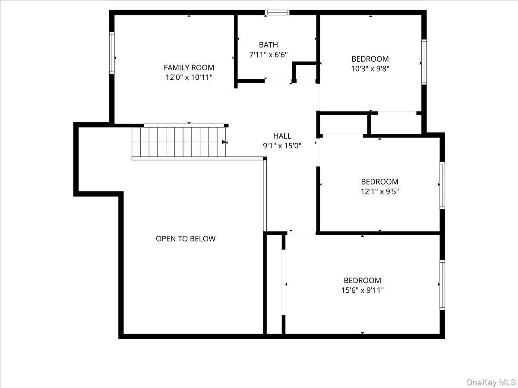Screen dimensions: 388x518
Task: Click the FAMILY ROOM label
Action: (189, 68)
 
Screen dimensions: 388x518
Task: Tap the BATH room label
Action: (268, 45)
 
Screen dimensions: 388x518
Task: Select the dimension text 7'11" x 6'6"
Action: (268, 55)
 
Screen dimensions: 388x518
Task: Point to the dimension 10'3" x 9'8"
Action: (370, 69)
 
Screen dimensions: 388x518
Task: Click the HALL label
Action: (282, 136)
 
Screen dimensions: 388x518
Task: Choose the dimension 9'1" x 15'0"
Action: (282, 146)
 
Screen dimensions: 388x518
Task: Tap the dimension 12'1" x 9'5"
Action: (379, 191)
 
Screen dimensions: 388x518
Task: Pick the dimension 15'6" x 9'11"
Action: (362, 290)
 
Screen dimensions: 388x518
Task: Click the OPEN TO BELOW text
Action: (186, 239)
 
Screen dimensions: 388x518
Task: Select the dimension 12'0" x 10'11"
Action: (189, 78)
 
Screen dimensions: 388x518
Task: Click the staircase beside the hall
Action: (179, 142)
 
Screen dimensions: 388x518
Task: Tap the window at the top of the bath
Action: (277, 13)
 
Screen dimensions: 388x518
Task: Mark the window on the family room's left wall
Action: (112, 53)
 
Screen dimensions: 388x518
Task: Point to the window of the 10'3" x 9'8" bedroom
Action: (424, 62)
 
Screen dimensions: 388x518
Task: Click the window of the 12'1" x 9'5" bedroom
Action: (442, 185)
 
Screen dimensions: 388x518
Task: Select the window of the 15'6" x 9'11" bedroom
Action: (442, 285)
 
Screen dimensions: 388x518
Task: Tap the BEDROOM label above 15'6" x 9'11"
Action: (362, 281)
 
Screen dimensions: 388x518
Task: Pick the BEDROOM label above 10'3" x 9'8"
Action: (370, 59)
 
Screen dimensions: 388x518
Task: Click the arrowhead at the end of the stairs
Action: (224, 142)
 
